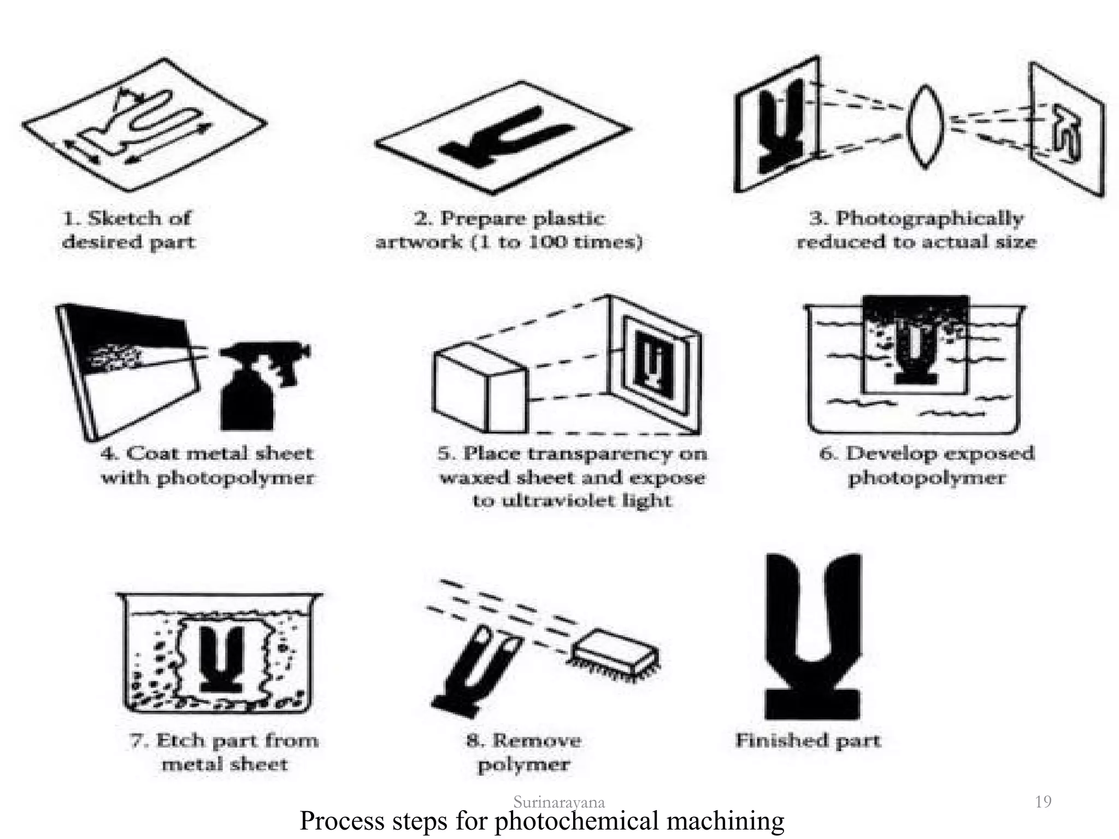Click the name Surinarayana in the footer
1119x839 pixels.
pyautogui.click(x=558, y=802)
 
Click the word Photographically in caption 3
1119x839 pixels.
pyautogui.click(x=929, y=218)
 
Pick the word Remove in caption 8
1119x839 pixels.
pyautogui.click(x=536, y=741)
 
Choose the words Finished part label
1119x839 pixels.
pyautogui.click(x=808, y=741)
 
